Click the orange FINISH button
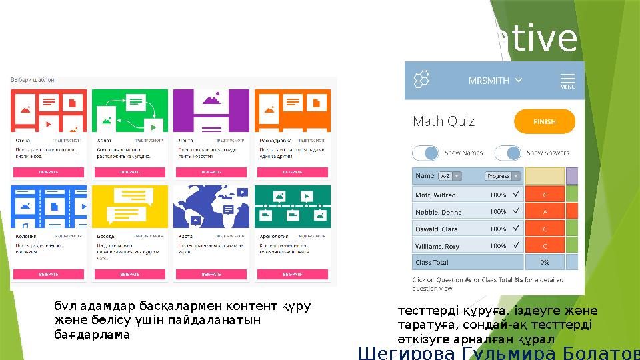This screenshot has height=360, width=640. point(544,122)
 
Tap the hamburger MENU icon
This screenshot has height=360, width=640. point(567,80)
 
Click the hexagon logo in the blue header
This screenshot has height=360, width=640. point(421,80)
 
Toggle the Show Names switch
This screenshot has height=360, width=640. point(425,153)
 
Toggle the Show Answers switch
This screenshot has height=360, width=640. point(507,153)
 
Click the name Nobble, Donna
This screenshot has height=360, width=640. point(439,212)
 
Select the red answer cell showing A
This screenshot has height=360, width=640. point(545,212)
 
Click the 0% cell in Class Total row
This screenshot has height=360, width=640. point(545,262)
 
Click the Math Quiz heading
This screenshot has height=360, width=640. point(444,122)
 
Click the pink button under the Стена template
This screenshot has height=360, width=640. point(48,171)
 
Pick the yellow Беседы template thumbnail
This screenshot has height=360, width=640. point(129,207)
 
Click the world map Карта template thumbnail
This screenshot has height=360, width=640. point(211,207)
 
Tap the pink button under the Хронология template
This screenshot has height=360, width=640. point(292,274)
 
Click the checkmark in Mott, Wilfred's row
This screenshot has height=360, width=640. point(515,195)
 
